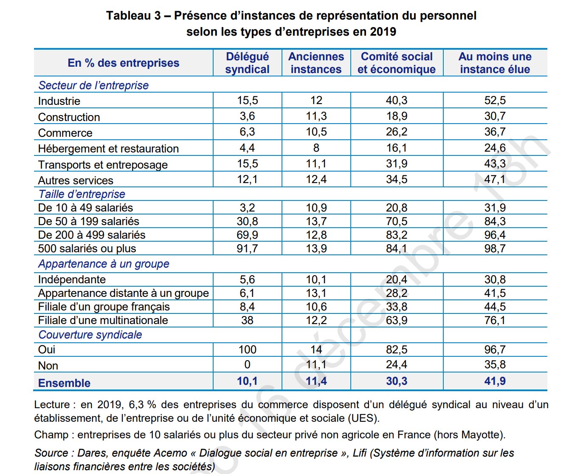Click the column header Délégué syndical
coord(247,63)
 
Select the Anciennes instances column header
coord(316,63)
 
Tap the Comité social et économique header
coord(397,63)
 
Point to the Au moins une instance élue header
coord(495,63)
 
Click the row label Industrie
coord(59,101)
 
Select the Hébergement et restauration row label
coord(108,149)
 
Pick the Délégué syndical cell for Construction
coord(247,116)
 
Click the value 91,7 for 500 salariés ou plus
coord(247,248)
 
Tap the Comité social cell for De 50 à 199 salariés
coord(397,221)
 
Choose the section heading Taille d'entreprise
coord(82,194)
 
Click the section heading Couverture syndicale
coord(90,335)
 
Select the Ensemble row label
coord(64,383)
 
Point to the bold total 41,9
coord(495,381)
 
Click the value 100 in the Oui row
coord(247,350)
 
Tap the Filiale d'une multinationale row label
coord(103,320)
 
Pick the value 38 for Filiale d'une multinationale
coord(247,320)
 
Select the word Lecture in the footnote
coord(52,405)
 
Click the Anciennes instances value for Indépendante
coord(316,279)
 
